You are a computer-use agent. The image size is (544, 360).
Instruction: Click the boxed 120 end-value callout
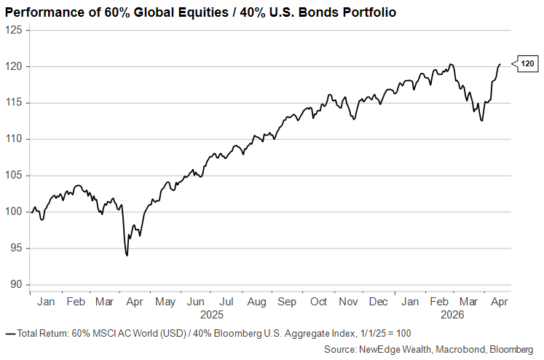coord(527,65)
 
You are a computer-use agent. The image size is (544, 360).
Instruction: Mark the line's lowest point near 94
coord(127,256)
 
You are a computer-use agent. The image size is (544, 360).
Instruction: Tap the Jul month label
coord(226,302)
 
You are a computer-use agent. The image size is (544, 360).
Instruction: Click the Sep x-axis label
coord(287,302)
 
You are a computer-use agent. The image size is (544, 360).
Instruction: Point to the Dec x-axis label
coord(379,302)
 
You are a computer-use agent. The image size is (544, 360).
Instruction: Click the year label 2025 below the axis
coord(212,315)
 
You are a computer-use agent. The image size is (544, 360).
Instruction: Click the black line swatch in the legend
coord(10,333)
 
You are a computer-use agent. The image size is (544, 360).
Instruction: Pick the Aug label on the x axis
coord(257,302)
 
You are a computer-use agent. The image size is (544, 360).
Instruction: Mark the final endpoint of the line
coord(500,65)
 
